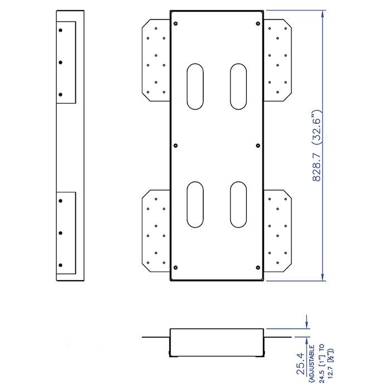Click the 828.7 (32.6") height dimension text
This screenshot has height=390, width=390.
(x=317, y=145)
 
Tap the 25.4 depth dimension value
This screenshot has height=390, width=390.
(x=301, y=363)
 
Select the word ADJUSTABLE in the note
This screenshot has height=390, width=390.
(x=311, y=363)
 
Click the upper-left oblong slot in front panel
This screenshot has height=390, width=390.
(x=195, y=86)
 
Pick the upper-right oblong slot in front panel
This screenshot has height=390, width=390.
(x=238, y=86)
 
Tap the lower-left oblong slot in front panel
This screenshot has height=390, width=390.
(x=195, y=204)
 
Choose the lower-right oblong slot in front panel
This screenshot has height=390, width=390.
(x=238, y=204)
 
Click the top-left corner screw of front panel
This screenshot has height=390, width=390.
(x=175, y=23)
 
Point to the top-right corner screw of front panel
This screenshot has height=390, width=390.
(x=258, y=23)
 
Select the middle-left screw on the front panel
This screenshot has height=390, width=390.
(x=175, y=145)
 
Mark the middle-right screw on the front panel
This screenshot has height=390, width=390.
(x=258, y=145)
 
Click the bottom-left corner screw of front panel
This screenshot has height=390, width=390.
(x=175, y=267)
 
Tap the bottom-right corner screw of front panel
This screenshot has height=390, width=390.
(x=258, y=267)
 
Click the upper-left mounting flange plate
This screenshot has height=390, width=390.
(x=156, y=60)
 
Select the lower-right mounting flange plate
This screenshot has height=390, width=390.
(x=277, y=231)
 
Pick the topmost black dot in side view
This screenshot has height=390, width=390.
(x=60, y=30)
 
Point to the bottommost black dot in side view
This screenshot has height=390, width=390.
(x=60, y=265)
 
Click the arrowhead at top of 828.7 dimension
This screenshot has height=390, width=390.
(x=323, y=14)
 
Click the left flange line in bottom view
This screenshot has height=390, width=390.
(x=156, y=337)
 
